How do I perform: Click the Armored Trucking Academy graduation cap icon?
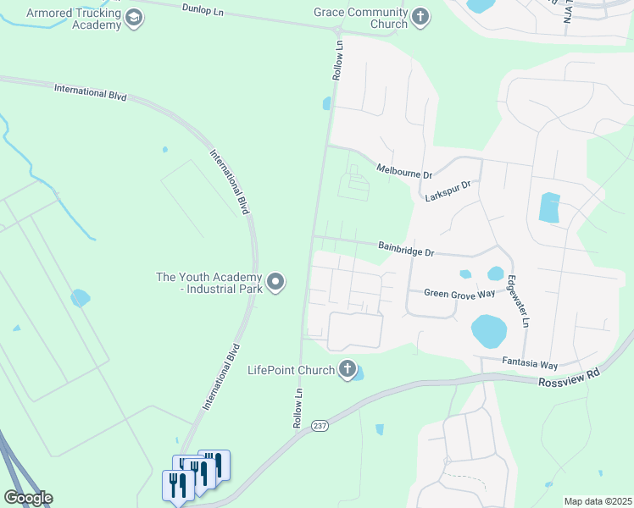133,18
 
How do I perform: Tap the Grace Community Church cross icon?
420,18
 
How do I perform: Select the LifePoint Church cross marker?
347,369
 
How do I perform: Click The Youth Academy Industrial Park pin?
275,282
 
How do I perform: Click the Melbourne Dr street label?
404,170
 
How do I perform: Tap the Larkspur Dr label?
448,190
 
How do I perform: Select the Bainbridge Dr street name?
406,251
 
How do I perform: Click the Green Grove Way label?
459,293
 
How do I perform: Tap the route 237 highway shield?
319,425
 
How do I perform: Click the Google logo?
27,498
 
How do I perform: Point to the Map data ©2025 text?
597,501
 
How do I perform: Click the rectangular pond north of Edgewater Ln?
549,207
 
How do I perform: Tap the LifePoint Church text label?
291,370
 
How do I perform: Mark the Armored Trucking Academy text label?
74,19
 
